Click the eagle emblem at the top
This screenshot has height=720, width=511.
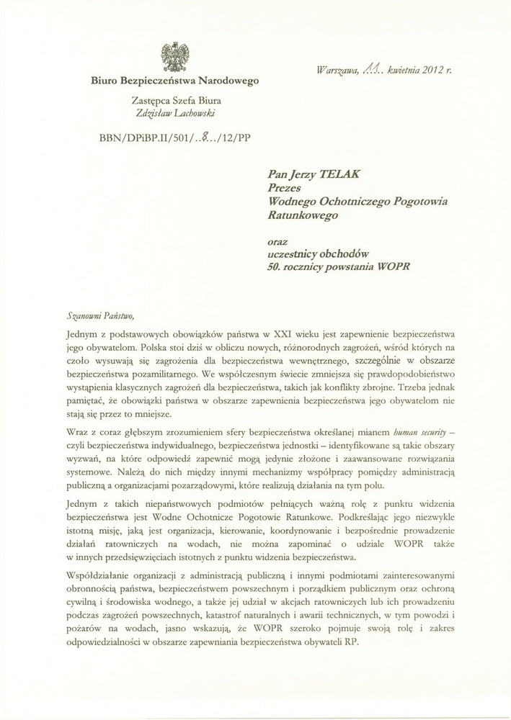point(174,57)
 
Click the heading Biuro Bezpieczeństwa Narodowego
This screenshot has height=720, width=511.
point(174,82)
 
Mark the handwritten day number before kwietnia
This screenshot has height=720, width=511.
point(373,69)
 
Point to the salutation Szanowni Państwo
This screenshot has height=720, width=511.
point(99,315)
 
